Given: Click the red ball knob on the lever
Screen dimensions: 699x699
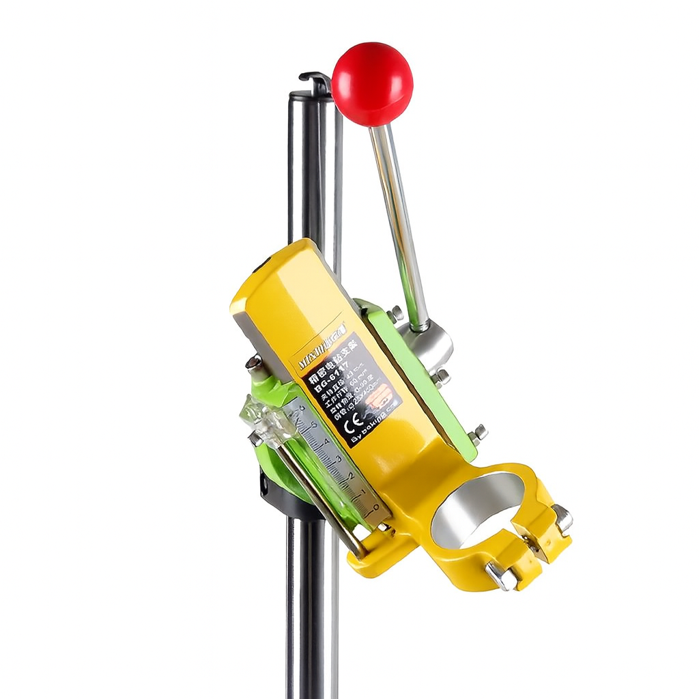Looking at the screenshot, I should point(373,84).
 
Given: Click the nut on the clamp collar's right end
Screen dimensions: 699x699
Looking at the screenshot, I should point(562,518).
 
